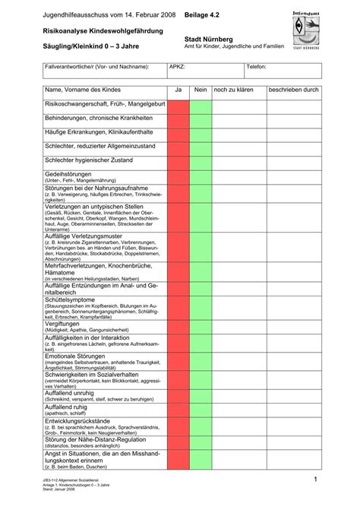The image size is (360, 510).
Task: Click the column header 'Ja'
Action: tap(178, 90)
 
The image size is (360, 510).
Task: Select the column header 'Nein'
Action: tap(201, 90)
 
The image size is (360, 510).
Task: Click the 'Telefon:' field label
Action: tap(255, 66)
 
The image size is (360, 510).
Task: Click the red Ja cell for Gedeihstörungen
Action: tap(178, 176)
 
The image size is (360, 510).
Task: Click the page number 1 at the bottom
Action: tap(314, 480)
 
